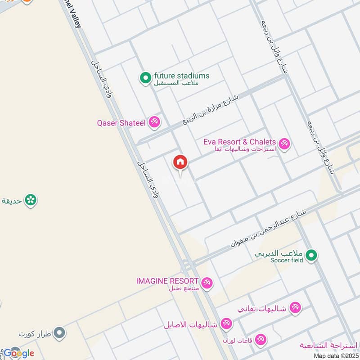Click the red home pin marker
click(x=180, y=162)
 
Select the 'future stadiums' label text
click(x=182, y=76)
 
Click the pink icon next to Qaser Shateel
click(x=154, y=122)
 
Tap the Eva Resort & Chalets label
click(x=239, y=142)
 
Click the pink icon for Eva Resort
click(x=284, y=144)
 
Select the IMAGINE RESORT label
click(x=167, y=281)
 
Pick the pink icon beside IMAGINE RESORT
click(x=207, y=283)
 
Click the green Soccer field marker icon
click(x=311, y=256)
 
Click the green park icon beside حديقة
click(x=31, y=199)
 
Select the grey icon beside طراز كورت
click(x=59, y=333)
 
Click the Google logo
click(x=19, y=353)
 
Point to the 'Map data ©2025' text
click(x=336, y=355)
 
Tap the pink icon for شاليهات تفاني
click(x=295, y=308)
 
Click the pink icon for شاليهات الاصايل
click(x=226, y=324)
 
